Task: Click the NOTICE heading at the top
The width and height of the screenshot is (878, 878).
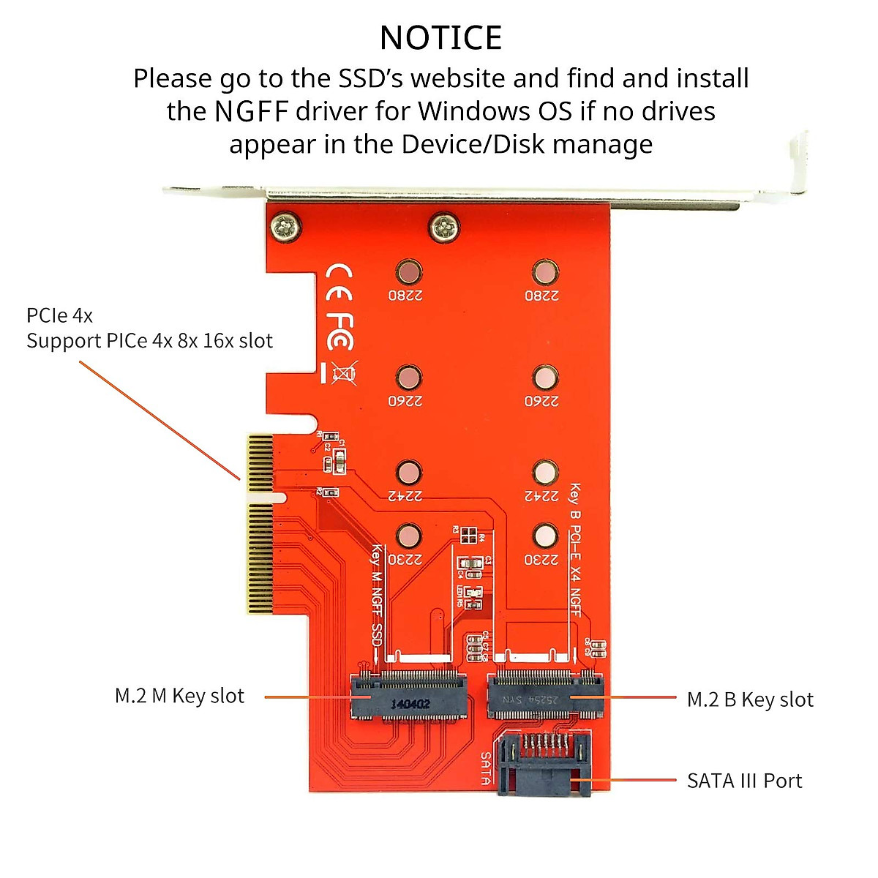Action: pyautogui.click(x=440, y=38)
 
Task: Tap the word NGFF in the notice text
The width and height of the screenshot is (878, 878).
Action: pyautogui.click(x=252, y=112)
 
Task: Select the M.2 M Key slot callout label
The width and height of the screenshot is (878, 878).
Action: pyautogui.click(x=179, y=696)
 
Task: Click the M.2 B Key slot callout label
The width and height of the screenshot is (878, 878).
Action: pyautogui.click(x=750, y=700)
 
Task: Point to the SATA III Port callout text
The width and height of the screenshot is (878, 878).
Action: pyautogui.click(x=744, y=781)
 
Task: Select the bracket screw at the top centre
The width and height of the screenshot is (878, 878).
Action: pyautogui.click(x=444, y=227)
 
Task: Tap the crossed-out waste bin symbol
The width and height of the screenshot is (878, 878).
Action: pyautogui.click(x=342, y=373)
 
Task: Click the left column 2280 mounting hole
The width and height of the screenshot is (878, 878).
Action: pyautogui.click(x=408, y=273)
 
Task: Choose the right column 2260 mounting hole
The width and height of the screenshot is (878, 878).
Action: pyautogui.click(x=544, y=378)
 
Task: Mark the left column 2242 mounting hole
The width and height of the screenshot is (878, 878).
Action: pyautogui.click(x=408, y=473)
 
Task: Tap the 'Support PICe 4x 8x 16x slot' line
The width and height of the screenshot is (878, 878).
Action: pyautogui.click(x=149, y=341)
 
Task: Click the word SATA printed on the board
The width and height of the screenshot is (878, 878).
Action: pyautogui.click(x=486, y=768)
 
